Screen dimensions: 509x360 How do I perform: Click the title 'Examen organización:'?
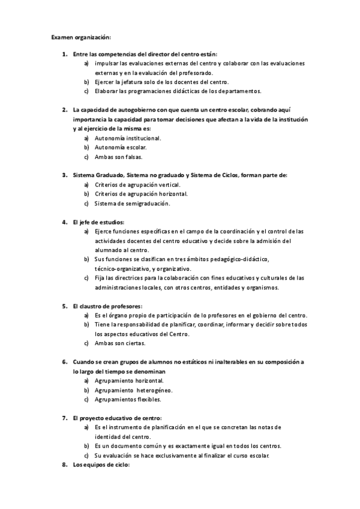[81, 37]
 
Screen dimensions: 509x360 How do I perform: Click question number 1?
[65, 54]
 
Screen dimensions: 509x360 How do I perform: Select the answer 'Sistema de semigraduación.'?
[132, 203]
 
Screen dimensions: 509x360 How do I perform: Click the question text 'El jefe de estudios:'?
[98, 222]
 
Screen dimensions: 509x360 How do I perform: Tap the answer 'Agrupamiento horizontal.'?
[129, 381]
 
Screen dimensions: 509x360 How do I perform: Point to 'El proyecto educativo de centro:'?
[116, 418]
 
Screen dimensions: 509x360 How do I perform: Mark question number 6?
[65, 362]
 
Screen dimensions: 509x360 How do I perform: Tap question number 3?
[65, 175]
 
